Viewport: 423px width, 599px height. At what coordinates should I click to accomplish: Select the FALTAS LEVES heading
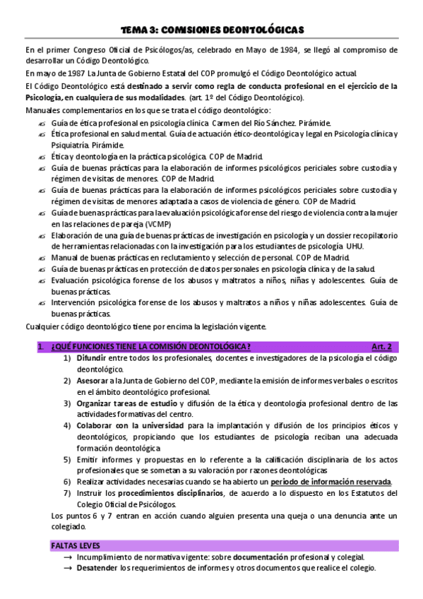click(76, 546)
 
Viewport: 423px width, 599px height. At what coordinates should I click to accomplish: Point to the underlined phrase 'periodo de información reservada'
click(330, 482)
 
